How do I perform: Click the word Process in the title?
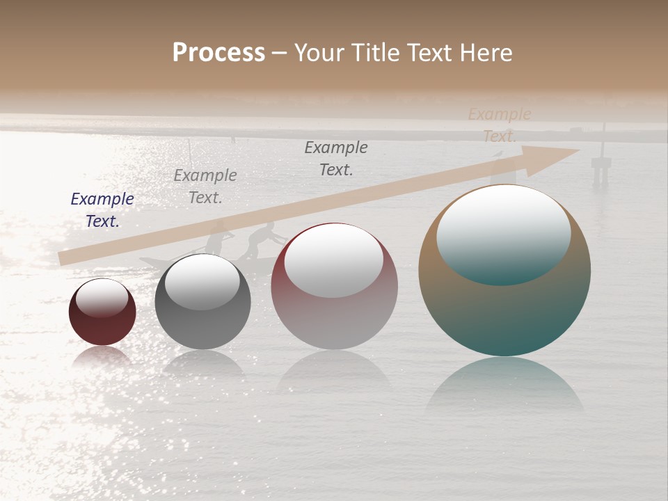218,53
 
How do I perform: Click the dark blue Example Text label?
102,210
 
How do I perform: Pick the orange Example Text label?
499,125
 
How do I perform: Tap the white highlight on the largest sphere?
503,233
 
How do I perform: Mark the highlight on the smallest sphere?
102,297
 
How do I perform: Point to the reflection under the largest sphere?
504,386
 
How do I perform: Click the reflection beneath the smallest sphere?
102,356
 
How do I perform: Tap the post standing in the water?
601,164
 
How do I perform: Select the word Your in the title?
319,53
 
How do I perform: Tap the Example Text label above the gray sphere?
205,186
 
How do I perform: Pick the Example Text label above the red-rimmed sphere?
336,158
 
